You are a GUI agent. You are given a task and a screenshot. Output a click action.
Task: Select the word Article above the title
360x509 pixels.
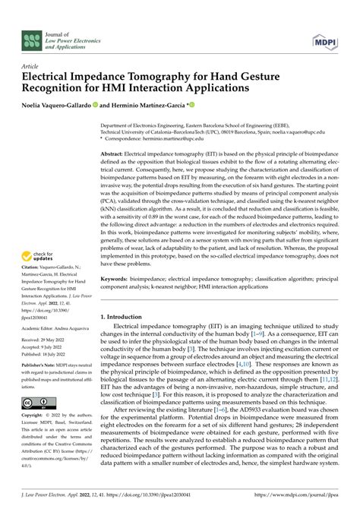(x=31, y=66)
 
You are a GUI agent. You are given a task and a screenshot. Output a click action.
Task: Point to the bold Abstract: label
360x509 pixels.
(x=116, y=153)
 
